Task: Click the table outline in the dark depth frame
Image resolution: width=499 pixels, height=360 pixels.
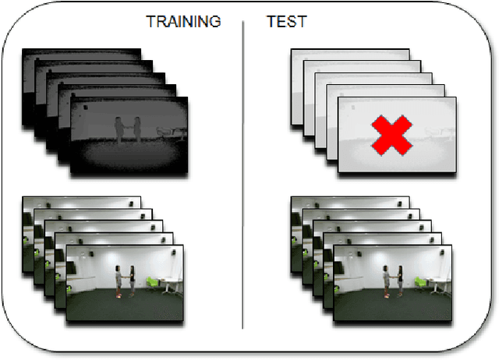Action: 167,133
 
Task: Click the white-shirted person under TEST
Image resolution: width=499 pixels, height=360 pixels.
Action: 387,281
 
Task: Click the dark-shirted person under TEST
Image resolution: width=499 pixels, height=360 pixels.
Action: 399,281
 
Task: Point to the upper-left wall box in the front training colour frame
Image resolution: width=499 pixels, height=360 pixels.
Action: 78,256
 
